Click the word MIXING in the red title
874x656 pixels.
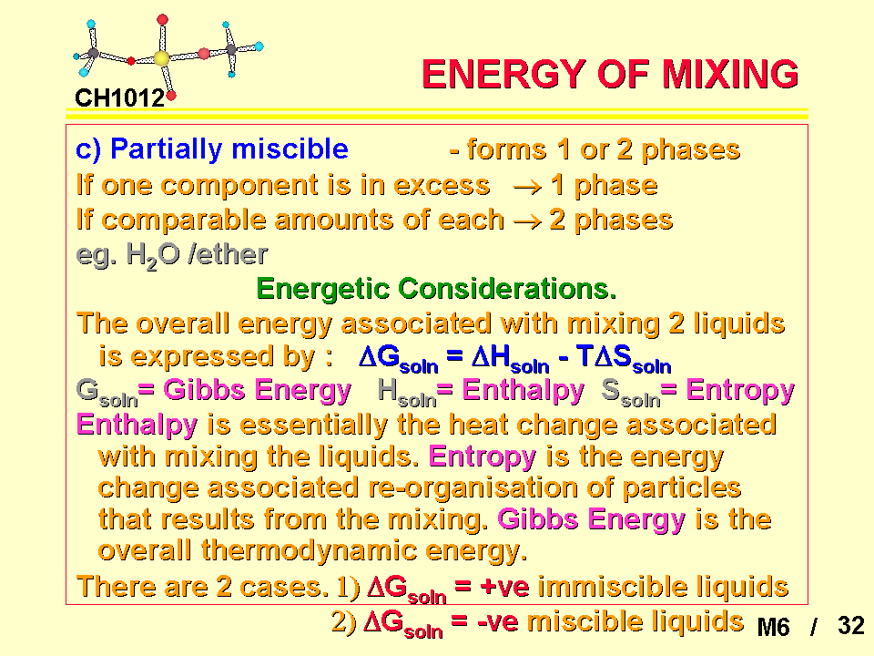(x=730, y=74)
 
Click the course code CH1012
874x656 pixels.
(x=120, y=98)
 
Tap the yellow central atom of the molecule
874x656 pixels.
(x=161, y=58)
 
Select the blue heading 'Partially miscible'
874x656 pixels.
(x=229, y=149)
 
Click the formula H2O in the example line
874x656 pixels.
(x=153, y=256)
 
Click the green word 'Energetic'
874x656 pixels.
(x=323, y=289)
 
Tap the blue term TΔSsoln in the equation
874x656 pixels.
(x=624, y=357)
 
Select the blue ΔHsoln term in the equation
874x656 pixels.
(x=510, y=357)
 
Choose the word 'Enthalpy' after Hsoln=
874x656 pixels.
(x=523, y=390)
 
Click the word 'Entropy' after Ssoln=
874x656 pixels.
(x=740, y=390)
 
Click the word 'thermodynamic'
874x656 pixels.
(x=309, y=550)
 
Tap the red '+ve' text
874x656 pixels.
(x=504, y=588)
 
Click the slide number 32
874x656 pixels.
(x=850, y=626)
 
